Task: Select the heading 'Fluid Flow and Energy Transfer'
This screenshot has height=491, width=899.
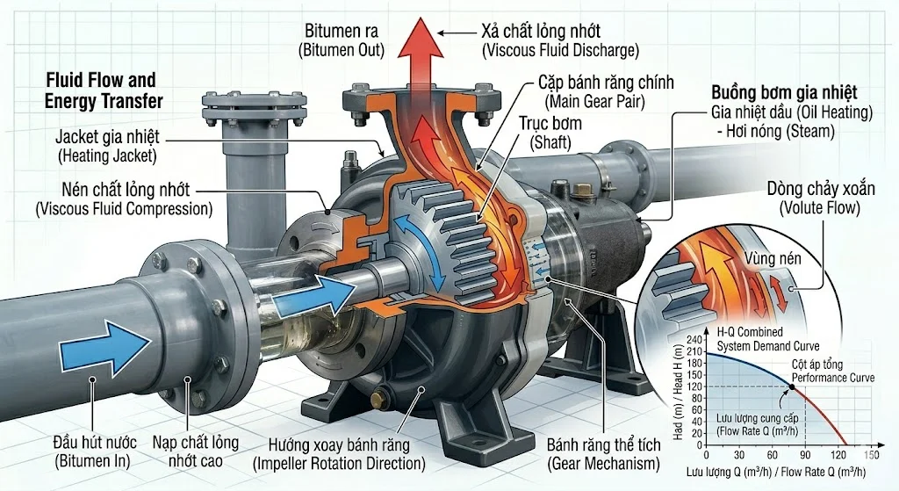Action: (x=104, y=90)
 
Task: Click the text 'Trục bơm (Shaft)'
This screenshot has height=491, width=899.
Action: (x=551, y=133)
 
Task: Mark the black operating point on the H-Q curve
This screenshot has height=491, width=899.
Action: (x=793, y=386)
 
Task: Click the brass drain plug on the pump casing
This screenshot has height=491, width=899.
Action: (x=380, y=400)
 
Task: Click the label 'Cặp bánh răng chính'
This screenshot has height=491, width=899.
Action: (x=608, y=83)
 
